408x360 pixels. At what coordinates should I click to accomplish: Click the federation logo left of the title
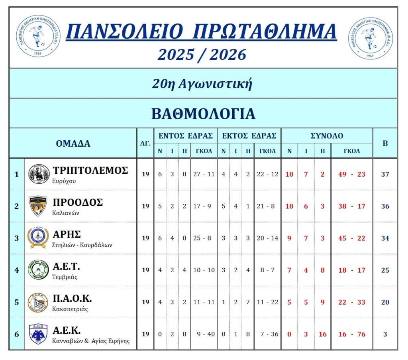pyautogui.click(x=38, y=37)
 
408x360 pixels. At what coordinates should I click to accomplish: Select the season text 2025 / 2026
pyautogui.click(x=202, y=55)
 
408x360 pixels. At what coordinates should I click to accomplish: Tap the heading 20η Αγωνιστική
pyautogui.click(x=202, y=84)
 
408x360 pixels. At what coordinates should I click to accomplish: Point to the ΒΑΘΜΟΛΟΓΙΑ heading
pyautogui.click(x=203, y=114)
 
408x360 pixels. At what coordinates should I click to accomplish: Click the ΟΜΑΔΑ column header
pyautogui.click(x=73, y=144)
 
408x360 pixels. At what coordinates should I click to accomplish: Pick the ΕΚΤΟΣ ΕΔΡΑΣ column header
pyautogui.click(x=249, y=136)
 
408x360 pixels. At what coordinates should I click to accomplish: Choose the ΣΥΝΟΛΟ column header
pyautogui.click(x=327, y=136)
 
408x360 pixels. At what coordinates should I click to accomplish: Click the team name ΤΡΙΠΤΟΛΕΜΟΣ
pyautogui.click(x=90, y=170)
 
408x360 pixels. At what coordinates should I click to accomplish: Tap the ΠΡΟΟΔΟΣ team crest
pyautogui.click(x=39, y=206)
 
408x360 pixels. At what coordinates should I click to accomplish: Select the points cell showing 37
pyautogui.click(x=385, y=174)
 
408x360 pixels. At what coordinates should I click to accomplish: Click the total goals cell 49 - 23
pyautogui.click(x=351, y=174)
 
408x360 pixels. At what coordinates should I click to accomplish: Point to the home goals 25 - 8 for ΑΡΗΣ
pyautogui.click(x=204, y=238)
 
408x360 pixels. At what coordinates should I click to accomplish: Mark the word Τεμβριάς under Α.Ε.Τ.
pyautogui.click(x=65, y=277)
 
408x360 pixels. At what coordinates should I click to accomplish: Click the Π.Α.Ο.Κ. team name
pyautogui.click(x=72, y=298)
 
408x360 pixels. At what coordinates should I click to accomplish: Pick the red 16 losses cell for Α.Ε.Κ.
pyautogui.click(x=322, y=334)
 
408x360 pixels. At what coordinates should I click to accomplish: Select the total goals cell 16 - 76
pyautogui.click(x=351, y=334)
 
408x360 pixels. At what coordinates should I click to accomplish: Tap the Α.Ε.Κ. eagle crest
pyautogui.click(x=39, y=334)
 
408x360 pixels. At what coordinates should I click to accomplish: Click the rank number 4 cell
pyautogui.click(x=16, y=270)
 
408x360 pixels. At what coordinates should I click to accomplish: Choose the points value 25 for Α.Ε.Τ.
pyautogui.click(x=385, y=270)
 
